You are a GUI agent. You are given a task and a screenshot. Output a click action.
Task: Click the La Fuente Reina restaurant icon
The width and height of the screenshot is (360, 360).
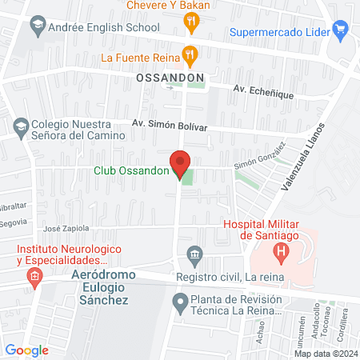[x=190, y=57]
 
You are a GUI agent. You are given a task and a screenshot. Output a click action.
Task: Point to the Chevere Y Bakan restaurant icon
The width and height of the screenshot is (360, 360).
[x=190, y=23]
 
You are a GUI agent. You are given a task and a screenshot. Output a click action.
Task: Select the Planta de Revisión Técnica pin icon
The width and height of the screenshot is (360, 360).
[x=181, y=302]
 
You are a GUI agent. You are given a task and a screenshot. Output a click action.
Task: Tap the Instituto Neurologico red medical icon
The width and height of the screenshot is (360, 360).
[x=33, y=278]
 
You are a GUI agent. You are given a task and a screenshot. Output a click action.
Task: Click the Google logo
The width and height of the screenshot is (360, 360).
[x=27, y=350]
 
